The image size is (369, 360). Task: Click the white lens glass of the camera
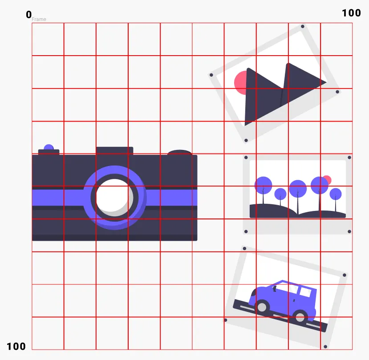click(x=114, y=197)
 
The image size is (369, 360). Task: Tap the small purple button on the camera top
click(x=49, y=147)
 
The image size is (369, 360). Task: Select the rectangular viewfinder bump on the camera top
click(x=114, y=151)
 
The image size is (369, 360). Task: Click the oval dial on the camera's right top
click(x=179, y=153)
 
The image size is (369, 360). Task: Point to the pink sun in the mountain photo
click(x=240, y=83)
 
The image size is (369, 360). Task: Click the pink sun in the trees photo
click(x=327, y=180)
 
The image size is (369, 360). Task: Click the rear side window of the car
click(x=306, y=292)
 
